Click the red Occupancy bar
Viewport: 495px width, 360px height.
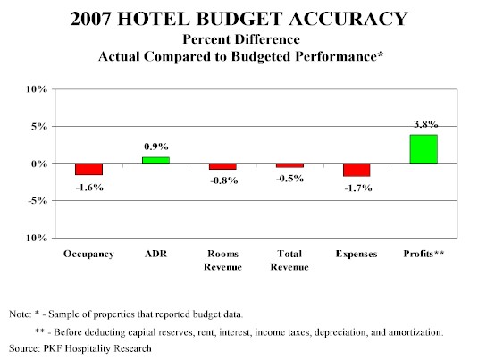88,170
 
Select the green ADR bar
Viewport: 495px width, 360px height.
155,161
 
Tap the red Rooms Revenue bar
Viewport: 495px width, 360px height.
222,167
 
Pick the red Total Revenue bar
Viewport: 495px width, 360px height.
289,166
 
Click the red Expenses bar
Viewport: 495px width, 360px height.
357,171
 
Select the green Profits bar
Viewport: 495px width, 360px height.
424,149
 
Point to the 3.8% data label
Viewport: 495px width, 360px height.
426,125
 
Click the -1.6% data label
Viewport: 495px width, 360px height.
89,188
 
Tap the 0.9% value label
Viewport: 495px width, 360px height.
156,147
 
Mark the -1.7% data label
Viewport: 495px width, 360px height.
358,188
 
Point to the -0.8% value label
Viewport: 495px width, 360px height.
224,180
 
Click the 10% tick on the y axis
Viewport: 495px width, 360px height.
37,89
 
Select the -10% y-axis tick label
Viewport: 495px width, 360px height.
35,238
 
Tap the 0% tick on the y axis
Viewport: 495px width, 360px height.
39,163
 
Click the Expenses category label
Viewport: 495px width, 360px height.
357,254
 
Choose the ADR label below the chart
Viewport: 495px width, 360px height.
155,254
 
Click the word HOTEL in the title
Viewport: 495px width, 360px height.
154,18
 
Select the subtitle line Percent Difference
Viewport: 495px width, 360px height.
241,39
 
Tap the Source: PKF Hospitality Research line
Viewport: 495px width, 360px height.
80,348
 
